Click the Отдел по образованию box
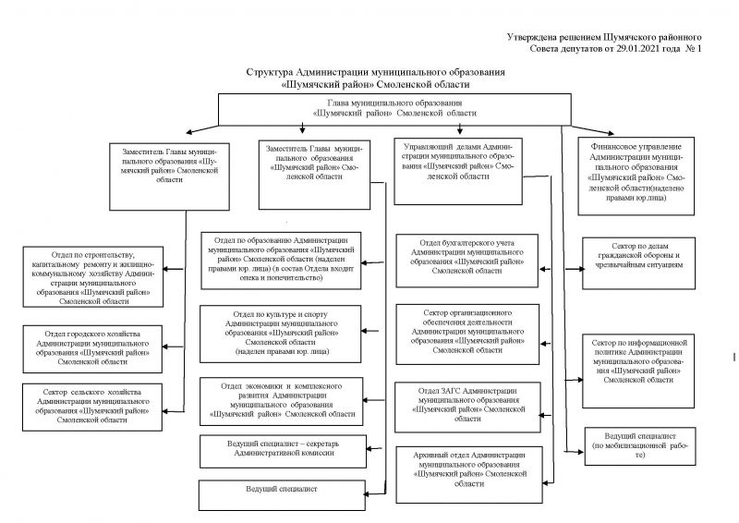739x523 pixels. pyautogui.click(x=281, y=261)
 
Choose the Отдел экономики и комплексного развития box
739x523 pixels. pyautogui.click(x=281, y=399)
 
